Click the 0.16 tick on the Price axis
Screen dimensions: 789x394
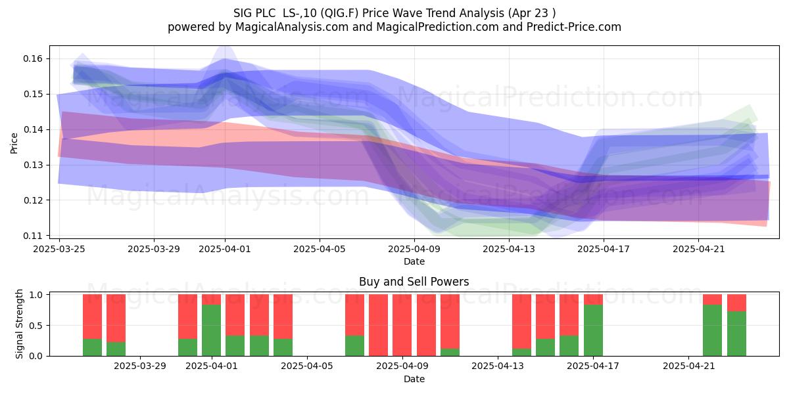[x=33, y=58]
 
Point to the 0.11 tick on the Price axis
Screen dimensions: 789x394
[x=33, y=236]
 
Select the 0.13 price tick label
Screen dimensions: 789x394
[x=33, y=165]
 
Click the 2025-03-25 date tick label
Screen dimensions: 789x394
[x=59, y=249]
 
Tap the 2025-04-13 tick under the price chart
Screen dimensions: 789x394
[x=509, y=249]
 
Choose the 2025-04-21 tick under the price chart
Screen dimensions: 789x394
[x=699, y=249]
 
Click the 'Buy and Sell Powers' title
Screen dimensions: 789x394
[x=414, y=282]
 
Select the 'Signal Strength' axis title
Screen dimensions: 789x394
[x=19, y=324]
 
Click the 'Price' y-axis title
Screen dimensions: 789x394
[x=14, y=143]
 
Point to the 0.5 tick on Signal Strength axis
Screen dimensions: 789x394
[x=36, y=326]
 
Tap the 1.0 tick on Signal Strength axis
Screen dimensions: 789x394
[x=36, y=294]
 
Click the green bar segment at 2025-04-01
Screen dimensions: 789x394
[x=211, y=330]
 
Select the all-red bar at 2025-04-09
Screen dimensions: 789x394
[x=402, y=325]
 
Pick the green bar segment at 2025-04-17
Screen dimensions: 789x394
[x=593, y=330]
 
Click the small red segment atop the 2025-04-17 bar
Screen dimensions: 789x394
[x=593, y=299]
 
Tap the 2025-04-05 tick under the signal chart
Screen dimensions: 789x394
[x=307, y=366]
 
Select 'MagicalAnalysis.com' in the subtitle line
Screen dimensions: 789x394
[x=292, y=27]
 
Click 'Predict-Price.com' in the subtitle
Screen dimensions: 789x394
[x=574, y=27]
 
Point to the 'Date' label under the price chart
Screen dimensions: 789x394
[x=414, y=261]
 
